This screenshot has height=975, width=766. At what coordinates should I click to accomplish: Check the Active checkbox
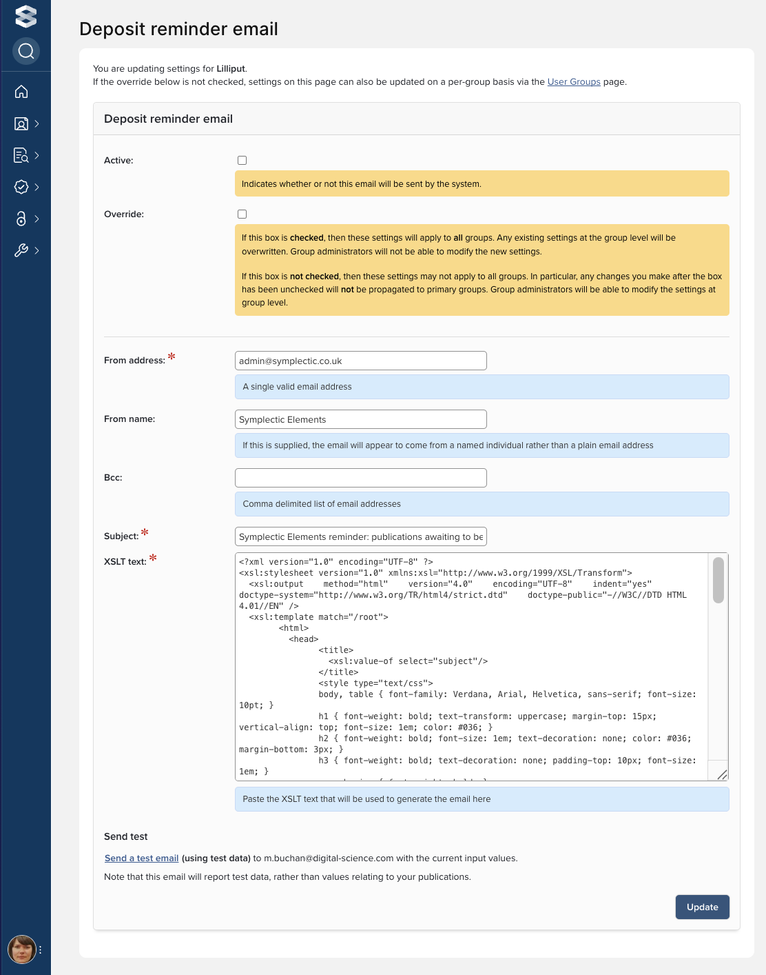point(242,161)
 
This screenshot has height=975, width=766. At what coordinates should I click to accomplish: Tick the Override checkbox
point(242,214)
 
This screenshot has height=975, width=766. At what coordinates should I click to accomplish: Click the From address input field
point(360,361)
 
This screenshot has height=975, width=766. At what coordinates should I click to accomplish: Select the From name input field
point(360,419)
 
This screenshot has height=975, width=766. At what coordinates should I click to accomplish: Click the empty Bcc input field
point(360,478)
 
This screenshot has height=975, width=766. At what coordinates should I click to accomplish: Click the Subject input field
point(360,536)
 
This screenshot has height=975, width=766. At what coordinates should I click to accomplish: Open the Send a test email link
point(141,858)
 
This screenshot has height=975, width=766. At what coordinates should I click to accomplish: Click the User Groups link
point(574,81)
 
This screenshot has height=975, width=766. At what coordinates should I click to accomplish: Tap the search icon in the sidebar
point(26,51)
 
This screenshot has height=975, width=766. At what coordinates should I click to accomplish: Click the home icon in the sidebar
point(21,92)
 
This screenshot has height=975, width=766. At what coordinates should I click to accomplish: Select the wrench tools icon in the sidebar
point(21,250)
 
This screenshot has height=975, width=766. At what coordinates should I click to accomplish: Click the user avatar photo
point(21,949)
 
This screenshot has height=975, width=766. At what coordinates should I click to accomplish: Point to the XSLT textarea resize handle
point(722,775)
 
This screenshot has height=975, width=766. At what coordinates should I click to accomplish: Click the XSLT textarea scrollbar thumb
point(718,580)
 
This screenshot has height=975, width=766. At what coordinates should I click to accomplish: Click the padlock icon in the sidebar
point(21,219)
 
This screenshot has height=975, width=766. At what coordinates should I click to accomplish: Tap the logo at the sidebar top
point(26,16)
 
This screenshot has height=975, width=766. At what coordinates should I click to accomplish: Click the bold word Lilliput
point(231,68)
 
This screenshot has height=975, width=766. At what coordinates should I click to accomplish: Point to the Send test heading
point(126,836)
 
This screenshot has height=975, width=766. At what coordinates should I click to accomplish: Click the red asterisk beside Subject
point(145,532)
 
